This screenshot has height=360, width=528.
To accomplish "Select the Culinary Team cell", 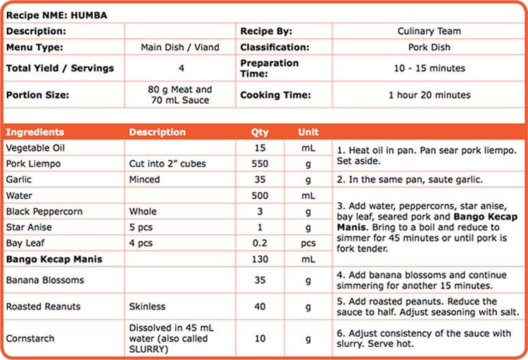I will pos(429,31).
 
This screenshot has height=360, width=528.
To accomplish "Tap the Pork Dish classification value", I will pos(429,47).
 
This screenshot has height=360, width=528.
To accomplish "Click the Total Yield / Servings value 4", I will pos(181,68).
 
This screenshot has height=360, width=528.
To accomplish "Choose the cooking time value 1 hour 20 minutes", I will pos(429,95).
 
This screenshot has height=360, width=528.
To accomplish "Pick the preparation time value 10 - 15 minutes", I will pos(429,68).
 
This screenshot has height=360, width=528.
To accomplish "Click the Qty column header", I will pos(260,132).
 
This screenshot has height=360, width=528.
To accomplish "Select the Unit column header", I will pos(308,132).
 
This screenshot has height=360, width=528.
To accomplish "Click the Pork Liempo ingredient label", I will pos(33,164).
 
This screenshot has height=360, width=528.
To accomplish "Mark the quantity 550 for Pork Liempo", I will pos(260,164).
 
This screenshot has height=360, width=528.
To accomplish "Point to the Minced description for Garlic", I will pos(144,180).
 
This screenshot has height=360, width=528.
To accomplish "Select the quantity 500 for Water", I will pos(260,196).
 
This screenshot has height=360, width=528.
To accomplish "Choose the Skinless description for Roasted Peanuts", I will pos(147,307).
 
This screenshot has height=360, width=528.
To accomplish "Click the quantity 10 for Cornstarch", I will pos(260,338).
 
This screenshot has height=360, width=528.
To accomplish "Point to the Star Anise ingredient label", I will pos(28,227).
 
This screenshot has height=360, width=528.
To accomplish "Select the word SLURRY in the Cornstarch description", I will pos(148,348).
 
